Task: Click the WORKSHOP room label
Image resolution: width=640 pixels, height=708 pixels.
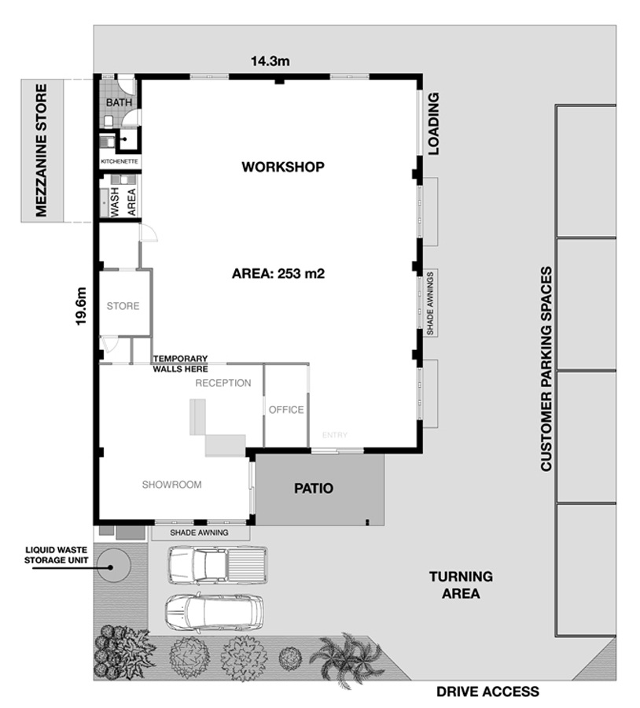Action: (283, 167)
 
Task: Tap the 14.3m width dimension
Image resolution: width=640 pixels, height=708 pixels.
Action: (270, 61)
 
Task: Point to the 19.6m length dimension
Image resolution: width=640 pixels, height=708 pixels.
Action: (81, 306)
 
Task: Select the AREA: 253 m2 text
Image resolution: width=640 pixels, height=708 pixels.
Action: (278, 274)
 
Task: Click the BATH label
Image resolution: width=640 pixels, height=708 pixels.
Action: (120, 102)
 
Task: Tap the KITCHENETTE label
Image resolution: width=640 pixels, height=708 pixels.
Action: (120, 161)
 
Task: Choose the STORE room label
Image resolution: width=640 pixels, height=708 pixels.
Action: (123, 306)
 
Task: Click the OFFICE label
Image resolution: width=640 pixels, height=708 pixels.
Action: (286, 410)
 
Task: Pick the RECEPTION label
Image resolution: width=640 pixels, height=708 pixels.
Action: (223, 383)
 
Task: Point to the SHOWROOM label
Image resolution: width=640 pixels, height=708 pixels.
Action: (172, 485)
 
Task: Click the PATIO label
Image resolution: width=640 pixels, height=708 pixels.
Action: (314, 488)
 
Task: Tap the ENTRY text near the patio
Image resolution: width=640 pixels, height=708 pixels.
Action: (335, 435)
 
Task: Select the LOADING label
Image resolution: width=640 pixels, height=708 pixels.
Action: (434, 124)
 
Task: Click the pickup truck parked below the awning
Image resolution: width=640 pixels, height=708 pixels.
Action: (218, 566)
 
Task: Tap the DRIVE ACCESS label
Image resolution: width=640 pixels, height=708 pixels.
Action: (488, 691)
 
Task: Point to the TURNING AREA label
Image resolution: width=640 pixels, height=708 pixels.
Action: (461, 584)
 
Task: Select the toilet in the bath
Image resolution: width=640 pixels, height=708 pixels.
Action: (109, 121)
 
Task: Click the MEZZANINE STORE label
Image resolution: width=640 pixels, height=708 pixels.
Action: (41, 150)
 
